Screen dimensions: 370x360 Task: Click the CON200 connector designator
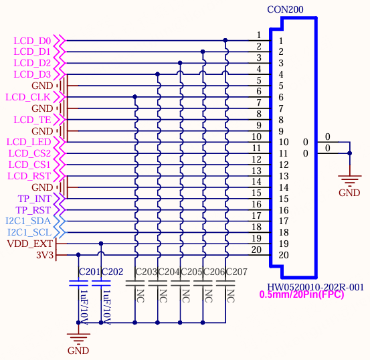click(x=285, y=9)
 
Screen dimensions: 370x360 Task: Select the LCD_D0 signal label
click(x=32, y=41)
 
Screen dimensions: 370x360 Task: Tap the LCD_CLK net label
click(x=28, y=97)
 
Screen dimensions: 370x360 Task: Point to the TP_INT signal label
click(x=35, y=199)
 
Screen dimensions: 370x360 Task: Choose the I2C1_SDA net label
click(x=28, y=221)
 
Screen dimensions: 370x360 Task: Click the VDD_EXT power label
click(x=29, y=244)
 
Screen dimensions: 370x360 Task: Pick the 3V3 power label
click(x=45, y=255)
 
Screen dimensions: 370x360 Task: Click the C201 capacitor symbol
click(x=78, y=283)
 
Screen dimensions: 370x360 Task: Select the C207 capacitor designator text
click(x=237, y=272)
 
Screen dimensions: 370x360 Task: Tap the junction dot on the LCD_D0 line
click(x=225, y=40)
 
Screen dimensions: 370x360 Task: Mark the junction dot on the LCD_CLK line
click(x=134, y=97)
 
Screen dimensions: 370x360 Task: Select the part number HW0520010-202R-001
click(x=315, y=287)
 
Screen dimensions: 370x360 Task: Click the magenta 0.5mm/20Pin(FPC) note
click(x=302, y=294)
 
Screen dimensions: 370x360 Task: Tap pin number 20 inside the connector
click(x=284, y=255)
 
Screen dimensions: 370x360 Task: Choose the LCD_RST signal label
click(x=29, y=176)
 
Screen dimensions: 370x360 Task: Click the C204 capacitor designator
click(x=169, y=272)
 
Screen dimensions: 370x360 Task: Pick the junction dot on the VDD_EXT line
click(x=101, y=244)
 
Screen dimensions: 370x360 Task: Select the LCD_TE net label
click(x=32, y=120)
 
